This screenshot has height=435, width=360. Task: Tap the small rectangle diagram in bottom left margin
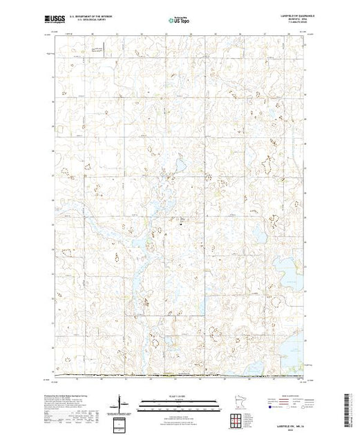(x=120, y=422)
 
